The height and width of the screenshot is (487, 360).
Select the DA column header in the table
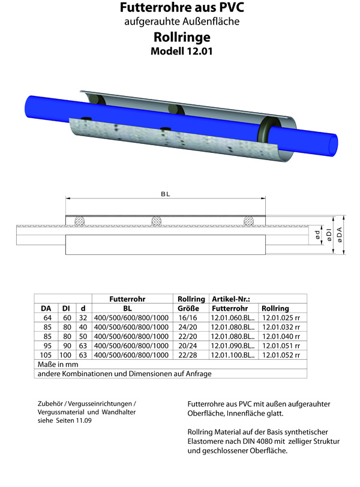(46, 308)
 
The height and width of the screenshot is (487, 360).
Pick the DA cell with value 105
(46, 355)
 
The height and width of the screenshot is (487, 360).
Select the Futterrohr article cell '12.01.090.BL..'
(233, 346)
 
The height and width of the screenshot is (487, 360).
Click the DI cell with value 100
(66, 355)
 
